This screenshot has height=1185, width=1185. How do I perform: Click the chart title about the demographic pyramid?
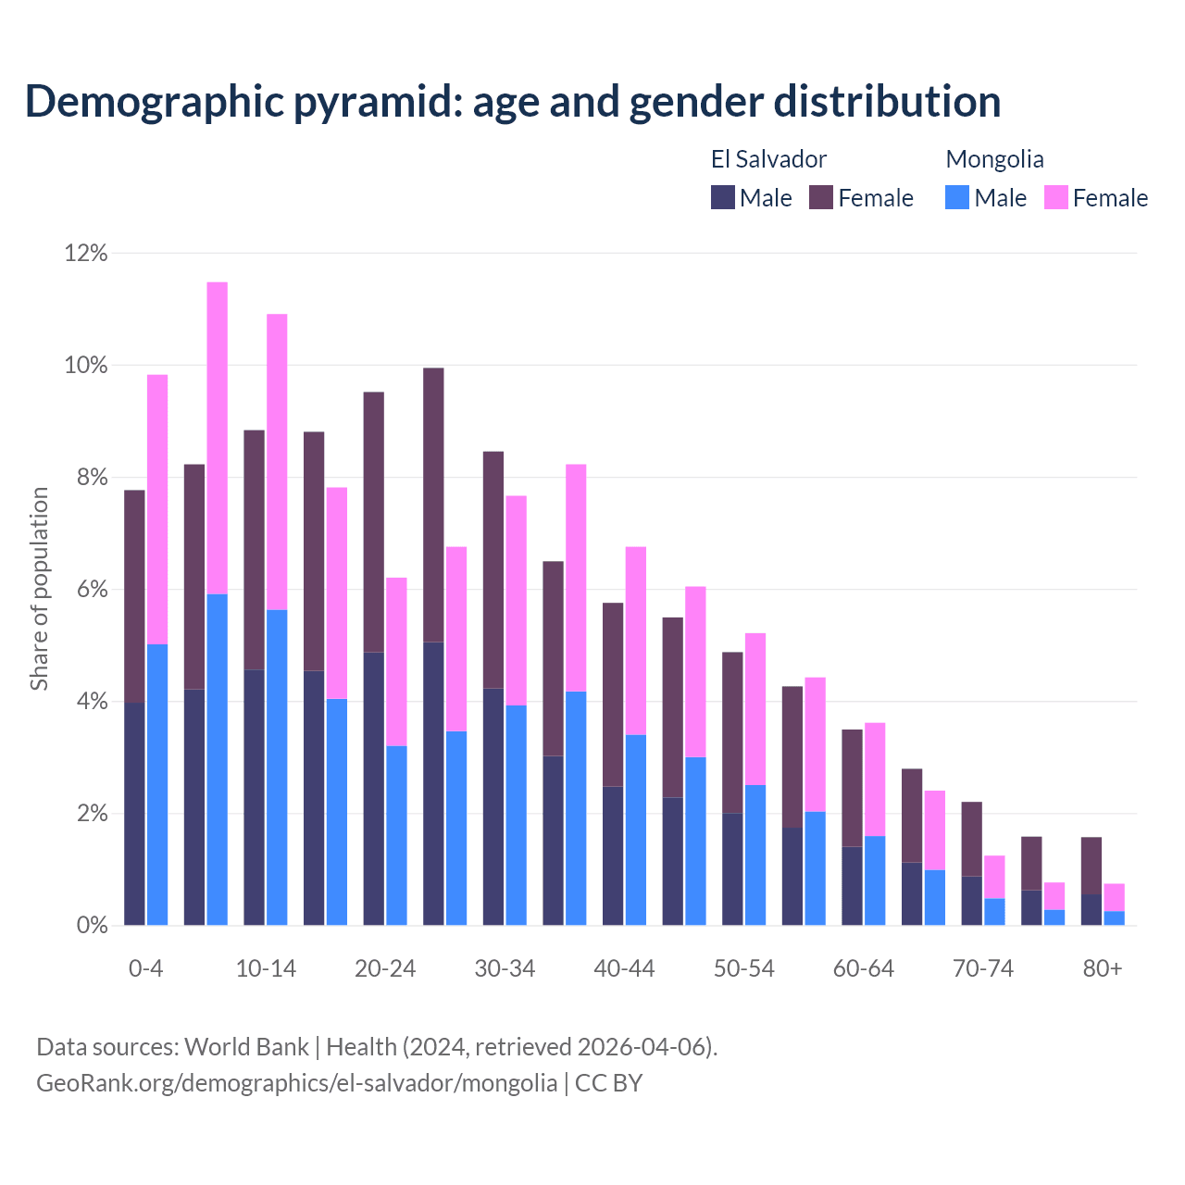pyautogui.click(x=512, y=101)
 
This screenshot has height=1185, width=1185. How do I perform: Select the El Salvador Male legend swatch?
pyautogui.click(x=723, y=197)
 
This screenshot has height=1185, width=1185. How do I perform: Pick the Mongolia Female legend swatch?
pyautogui.click(x=1056, y=197)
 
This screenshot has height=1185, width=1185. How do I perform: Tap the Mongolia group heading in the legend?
pyautogui.click(x=994, y=159)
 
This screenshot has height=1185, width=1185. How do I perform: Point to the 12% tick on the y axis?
pyautogui.click(x=86, y=253)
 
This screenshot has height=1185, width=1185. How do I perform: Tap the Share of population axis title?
pyautogui.click(x=39, y=589)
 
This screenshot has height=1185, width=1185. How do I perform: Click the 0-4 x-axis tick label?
pyautogui.click(x=145, y=969)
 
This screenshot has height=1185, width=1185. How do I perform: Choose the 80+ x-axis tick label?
pyautogui.click(x=1103, y=969)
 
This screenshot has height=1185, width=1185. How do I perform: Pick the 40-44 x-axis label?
pyautogui.click(x=624, y=969)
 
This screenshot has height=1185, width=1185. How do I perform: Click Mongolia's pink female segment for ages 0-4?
pyautogui.click(x=157, y=509)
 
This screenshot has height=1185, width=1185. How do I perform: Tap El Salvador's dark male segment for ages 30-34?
pyautogui.click(x=493, y=806)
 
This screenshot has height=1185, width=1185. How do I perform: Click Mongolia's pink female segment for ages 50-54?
pyautogui.click(x=755, y=709)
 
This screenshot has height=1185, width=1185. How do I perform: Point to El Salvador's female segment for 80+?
pyautogui.click(x=1091, y=866)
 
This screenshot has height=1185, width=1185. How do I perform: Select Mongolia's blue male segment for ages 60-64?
pyautogui.click(x=875, y=880)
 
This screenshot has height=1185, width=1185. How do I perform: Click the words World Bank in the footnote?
pyautogui.click(x=246, y=1047)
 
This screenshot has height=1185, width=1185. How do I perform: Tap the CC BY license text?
pyautogui.click(x=608, y=1083)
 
